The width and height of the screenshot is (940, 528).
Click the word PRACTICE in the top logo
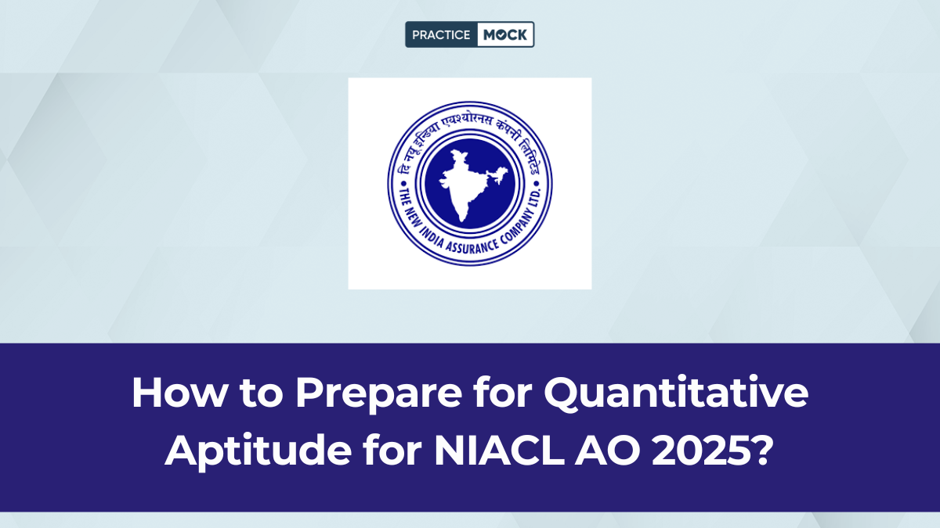(440, 35)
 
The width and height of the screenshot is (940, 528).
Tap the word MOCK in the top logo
(504, 35)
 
